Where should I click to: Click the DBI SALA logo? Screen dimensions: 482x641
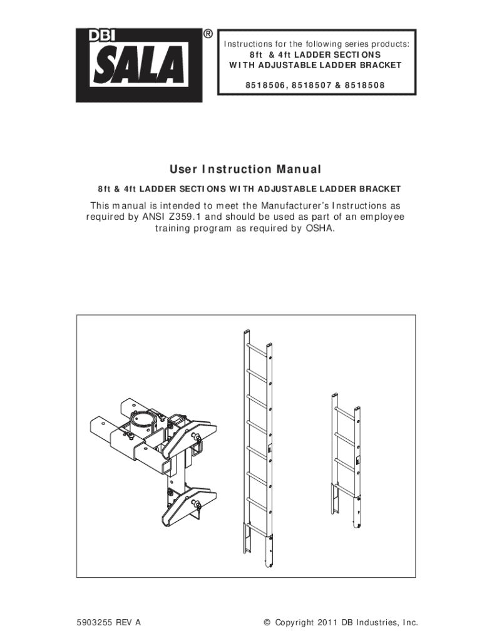(x=139, y=65)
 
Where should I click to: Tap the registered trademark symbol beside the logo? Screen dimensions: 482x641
(x=208, y=34)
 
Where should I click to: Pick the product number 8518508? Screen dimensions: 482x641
(x=365, y=85)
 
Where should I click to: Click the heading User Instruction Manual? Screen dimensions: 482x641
(x=245, y=169)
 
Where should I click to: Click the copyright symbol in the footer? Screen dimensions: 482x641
(x=267, y=623)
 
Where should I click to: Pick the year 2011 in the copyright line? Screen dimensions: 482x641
(x=326, y=623)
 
